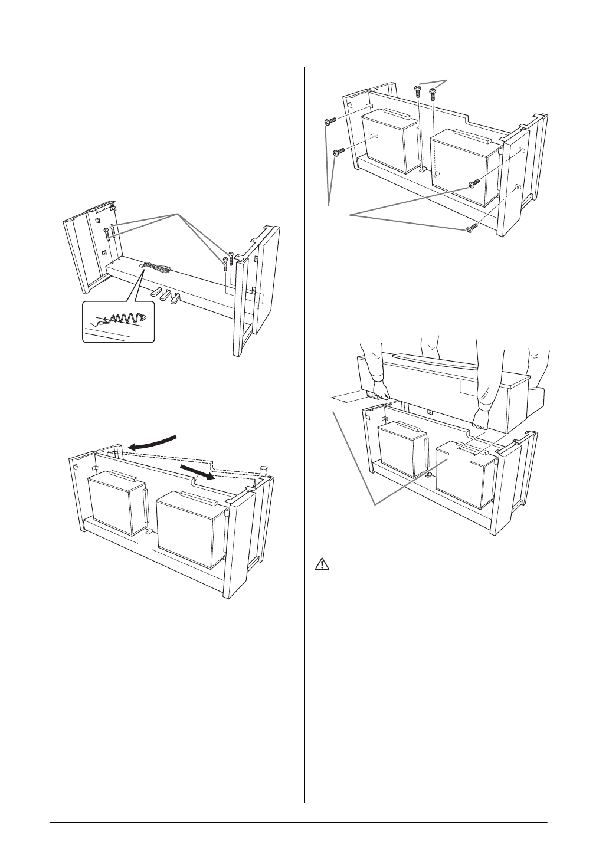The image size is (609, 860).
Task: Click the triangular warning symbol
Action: (322, 564)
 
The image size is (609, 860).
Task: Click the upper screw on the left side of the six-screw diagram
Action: (330, 122)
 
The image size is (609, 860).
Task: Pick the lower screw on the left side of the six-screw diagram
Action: (339, 152)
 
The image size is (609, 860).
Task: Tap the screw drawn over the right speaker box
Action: (474, 185)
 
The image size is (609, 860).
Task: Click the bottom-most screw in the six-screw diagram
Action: (470, 228)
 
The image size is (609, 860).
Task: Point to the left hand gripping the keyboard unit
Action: (379, 392)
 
